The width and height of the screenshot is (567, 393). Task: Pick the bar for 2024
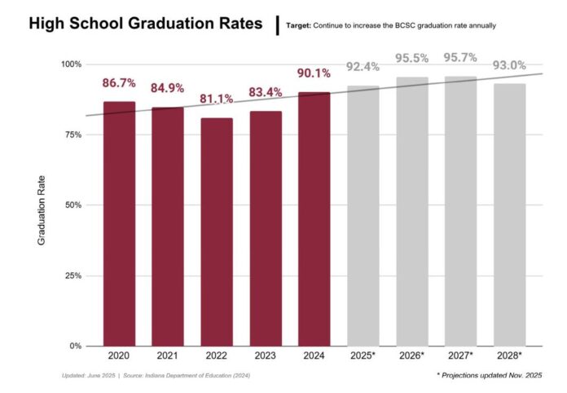pyautogui.click(x=314, y=219)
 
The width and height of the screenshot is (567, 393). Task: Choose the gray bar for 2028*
pyautogui.click(x=510, y=215)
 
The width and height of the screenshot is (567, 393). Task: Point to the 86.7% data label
pyautogui.click(x=119, y=83)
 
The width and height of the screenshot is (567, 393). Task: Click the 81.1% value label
pyautogui.click(x=217, y=99)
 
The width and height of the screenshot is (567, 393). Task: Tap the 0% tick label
pyautogui.click(x=76, y=347)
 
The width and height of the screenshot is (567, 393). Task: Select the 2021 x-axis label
pyautogui.click(x=168, y=356)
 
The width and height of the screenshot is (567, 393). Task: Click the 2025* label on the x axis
pyautogui.click(x=363, y=356)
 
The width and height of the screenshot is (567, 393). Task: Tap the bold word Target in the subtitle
pyautogui.click(x=299, y=26)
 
